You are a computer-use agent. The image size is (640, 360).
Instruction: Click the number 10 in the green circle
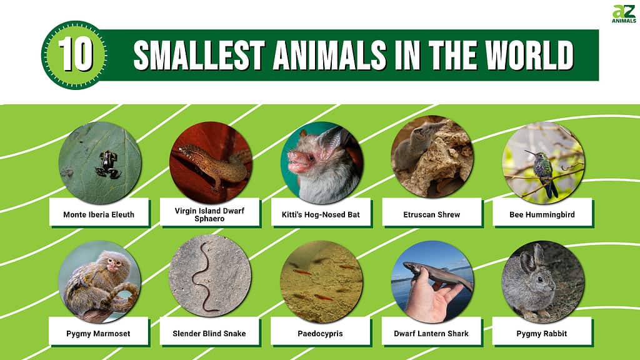tap(75, 55)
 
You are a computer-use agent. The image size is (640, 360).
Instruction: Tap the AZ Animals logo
tap(623, 14)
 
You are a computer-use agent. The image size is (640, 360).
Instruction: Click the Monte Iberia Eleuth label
tap(99, 215)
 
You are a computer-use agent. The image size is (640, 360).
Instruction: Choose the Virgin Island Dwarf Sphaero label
tap(209, 215)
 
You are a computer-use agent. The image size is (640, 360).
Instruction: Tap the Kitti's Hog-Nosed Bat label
tap(321, 215)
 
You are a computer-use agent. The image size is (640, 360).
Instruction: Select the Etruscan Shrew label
tap(431, 215)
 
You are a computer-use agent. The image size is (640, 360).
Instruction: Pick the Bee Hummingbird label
tap(542, 215)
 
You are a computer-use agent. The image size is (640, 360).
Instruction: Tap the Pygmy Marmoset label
tap(98, 334)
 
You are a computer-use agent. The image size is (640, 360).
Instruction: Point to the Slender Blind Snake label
tap(209, 334)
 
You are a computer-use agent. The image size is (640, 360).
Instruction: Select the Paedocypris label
tap(320, 334)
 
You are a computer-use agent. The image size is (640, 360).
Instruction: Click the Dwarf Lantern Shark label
tap(431, 334)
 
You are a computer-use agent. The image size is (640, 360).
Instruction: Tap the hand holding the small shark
tap(429, 296)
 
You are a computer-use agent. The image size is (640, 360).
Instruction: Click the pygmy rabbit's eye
tap(540, 279)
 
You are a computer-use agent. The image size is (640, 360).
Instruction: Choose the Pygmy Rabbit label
tap(542, 334)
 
